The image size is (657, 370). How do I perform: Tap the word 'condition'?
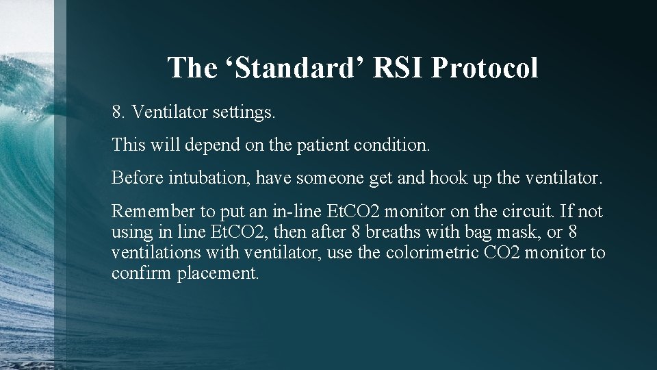pos(390,145)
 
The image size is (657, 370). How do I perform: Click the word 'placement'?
pos(218,274)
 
